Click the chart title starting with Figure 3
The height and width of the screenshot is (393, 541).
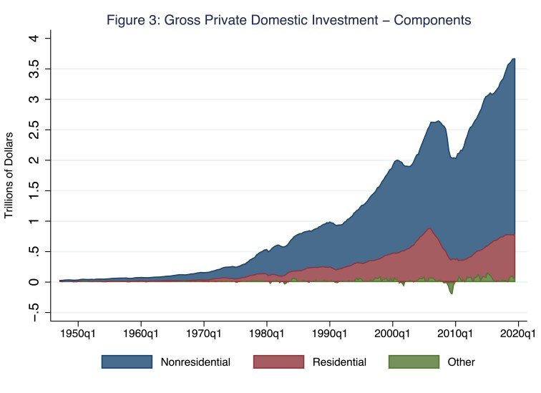[x=288, y=20]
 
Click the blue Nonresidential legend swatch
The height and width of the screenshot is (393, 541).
[x=127, y=362]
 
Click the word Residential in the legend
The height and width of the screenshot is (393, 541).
[x=341, y=362]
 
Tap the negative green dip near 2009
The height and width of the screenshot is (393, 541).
[x=451, y=289]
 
